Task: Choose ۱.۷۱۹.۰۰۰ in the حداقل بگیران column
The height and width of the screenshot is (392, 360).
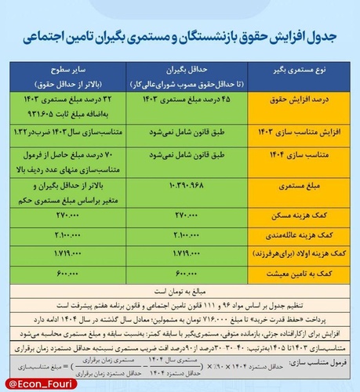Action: click(x=181, y=252)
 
